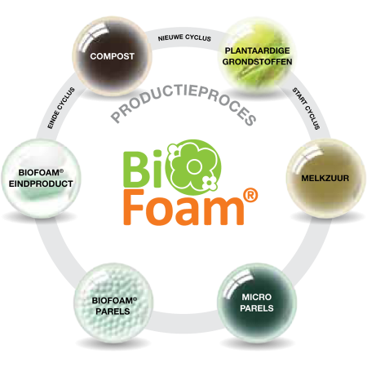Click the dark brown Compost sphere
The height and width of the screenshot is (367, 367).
112,56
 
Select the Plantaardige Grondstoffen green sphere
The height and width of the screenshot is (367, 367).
257,55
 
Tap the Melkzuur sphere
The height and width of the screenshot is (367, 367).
325,178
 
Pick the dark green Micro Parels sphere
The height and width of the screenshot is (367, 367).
257,303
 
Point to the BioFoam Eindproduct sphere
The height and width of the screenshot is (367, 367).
41,179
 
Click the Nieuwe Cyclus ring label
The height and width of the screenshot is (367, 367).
184,38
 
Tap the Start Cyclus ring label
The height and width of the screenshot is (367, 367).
306,108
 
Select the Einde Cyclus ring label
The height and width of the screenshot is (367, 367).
61,108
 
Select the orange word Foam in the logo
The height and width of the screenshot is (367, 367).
183,208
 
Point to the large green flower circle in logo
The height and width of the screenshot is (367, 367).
194,167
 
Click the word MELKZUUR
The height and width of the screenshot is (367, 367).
325,179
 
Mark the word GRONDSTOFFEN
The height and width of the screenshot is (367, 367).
257,62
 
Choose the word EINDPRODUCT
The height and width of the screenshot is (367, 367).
41,183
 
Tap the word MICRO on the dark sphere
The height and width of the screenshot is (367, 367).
257,297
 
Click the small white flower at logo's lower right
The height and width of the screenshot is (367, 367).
210,182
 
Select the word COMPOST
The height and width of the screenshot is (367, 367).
113,56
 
